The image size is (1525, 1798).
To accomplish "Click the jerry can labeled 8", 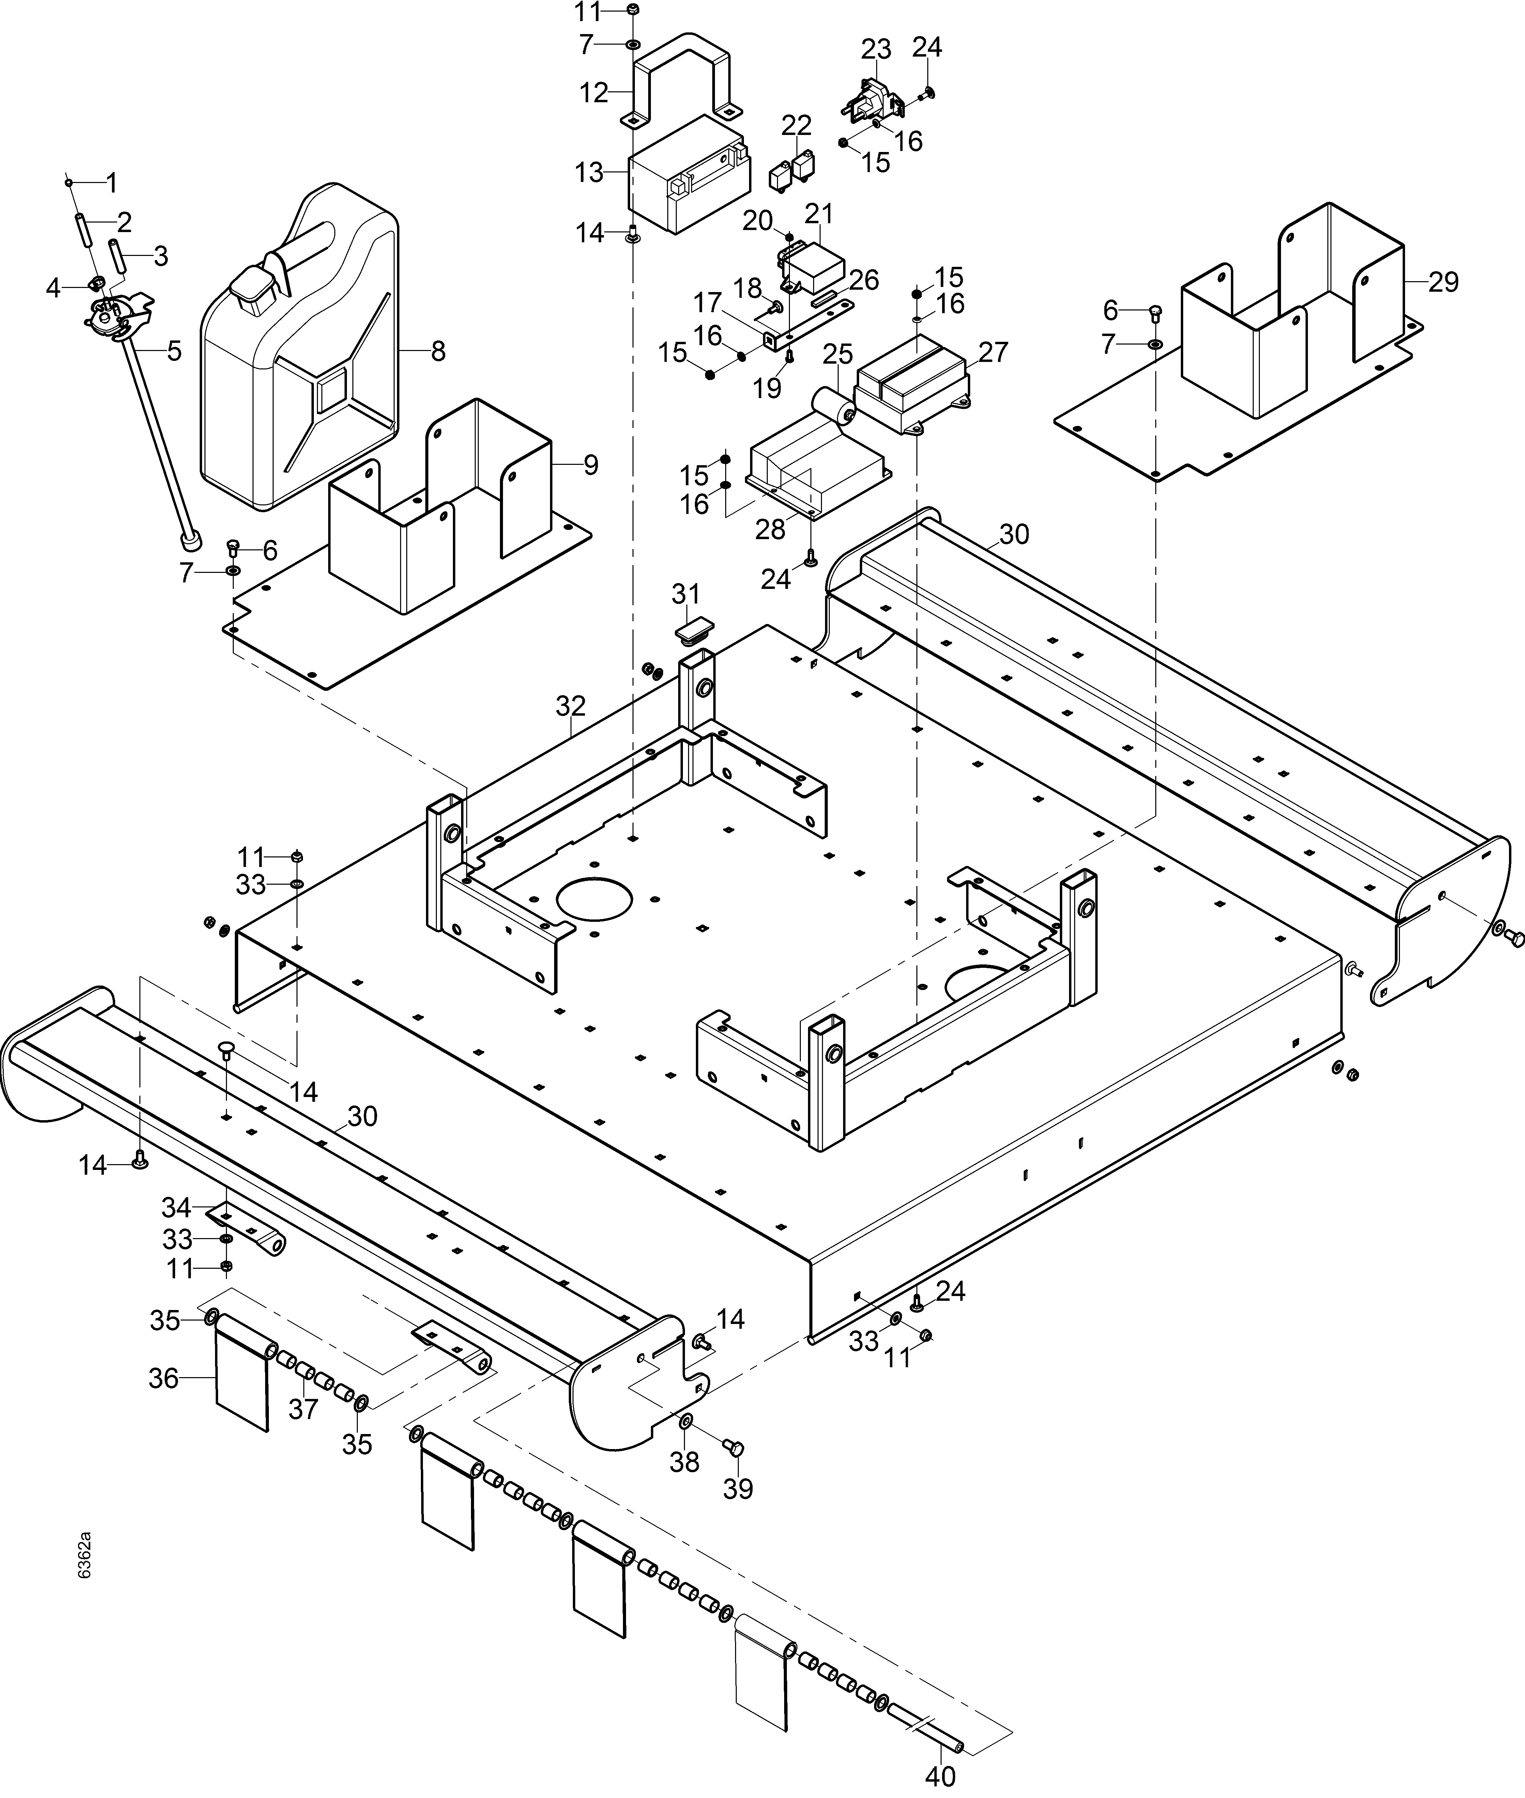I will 298,346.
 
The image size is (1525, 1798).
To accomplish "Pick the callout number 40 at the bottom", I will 941,1777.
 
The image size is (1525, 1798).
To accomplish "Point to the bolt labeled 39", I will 736,1447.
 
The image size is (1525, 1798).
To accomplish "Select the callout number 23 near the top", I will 876,48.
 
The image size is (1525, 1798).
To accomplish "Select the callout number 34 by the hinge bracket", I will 177,1207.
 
